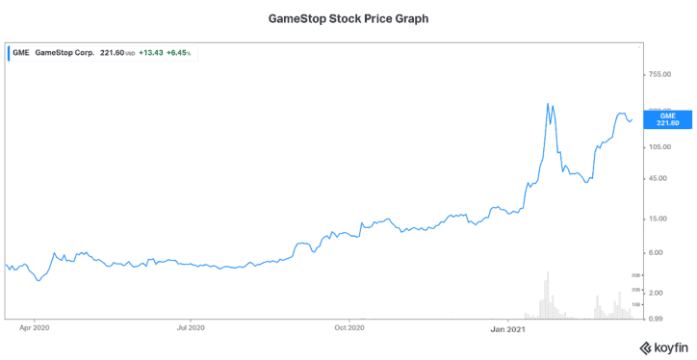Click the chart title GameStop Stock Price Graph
point(348,17)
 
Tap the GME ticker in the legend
point(20,52)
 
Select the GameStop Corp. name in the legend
point(65,52)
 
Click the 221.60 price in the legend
point(113,52)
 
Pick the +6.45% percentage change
point(183,52)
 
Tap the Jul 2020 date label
point(191,328)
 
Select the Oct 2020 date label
point(348,328)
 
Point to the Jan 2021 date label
point(507,328)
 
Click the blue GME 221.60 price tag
point(667,118)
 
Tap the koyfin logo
point(662,347)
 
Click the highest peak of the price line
point(548,103)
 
